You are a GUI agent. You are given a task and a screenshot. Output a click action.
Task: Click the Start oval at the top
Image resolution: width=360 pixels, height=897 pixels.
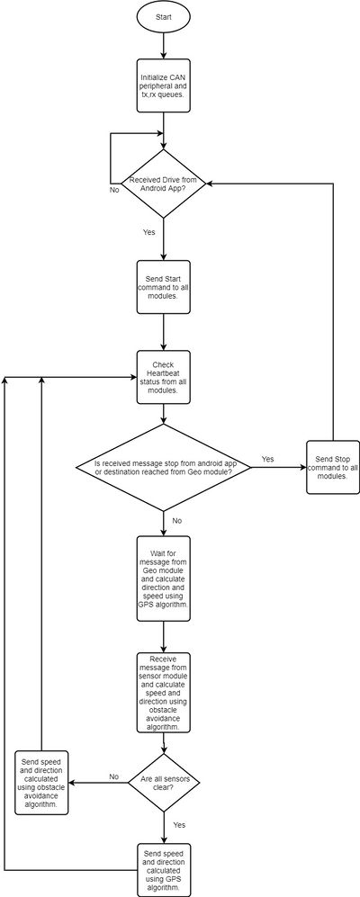pyautogui.click(x=164, y=18)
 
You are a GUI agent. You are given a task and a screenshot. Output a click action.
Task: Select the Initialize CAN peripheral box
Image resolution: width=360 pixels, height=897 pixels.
pyautogui.click(x=164, y=85)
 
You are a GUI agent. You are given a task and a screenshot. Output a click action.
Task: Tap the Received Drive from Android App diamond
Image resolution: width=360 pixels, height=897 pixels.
pyautogui.click(x=164, y=184)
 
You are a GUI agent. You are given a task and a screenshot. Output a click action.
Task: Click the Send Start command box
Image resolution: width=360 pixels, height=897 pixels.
pyautogui.click(x=164, y=287)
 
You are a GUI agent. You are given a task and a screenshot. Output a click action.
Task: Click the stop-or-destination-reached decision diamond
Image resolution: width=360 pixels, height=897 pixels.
pyautogui.click(x=164, y=467)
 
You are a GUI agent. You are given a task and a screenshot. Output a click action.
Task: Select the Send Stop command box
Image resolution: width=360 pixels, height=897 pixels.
pyautogui.click(x=333, y=467)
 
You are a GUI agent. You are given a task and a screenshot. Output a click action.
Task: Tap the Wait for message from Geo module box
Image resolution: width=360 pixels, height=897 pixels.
pyautogui.click(x=164, y=579)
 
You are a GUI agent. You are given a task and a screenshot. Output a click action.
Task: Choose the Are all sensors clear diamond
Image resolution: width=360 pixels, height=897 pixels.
pyautogui.click(x=164, y=783)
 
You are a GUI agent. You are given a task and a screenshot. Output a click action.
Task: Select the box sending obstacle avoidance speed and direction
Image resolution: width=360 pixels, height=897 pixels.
pyautogui.click(x=41, y=783)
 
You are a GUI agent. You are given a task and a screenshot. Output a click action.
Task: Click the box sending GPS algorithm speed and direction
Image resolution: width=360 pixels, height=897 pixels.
pyautogui.click(x=164, y=870)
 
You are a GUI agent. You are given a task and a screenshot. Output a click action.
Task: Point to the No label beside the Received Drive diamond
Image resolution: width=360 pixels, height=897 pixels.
pyautogui.click(x=114, y=190)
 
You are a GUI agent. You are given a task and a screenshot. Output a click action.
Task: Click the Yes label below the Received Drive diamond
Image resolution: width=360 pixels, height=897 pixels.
pyautogui.click(x=148, y=232)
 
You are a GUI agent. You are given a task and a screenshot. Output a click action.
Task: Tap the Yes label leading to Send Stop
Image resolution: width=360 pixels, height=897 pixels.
pyautogui.click(x=267, y=459)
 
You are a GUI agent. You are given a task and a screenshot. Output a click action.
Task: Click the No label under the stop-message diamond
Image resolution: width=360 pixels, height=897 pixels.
pyautogui.click(x=177, y=521)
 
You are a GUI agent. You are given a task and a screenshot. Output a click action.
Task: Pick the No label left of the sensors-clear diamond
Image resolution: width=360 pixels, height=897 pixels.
pyautogui.click(x=114, y=776)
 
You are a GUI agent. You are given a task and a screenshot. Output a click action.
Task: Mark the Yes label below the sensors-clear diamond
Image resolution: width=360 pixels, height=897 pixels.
pyautogui.click(x=179, y=825)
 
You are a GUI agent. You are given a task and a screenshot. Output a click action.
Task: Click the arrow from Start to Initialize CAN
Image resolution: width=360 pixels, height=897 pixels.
pyautogui.click(x=164, y=46)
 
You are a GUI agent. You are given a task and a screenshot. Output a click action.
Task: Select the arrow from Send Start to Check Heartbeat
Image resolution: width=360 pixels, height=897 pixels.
pyautogui.click(x=164, y=332)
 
